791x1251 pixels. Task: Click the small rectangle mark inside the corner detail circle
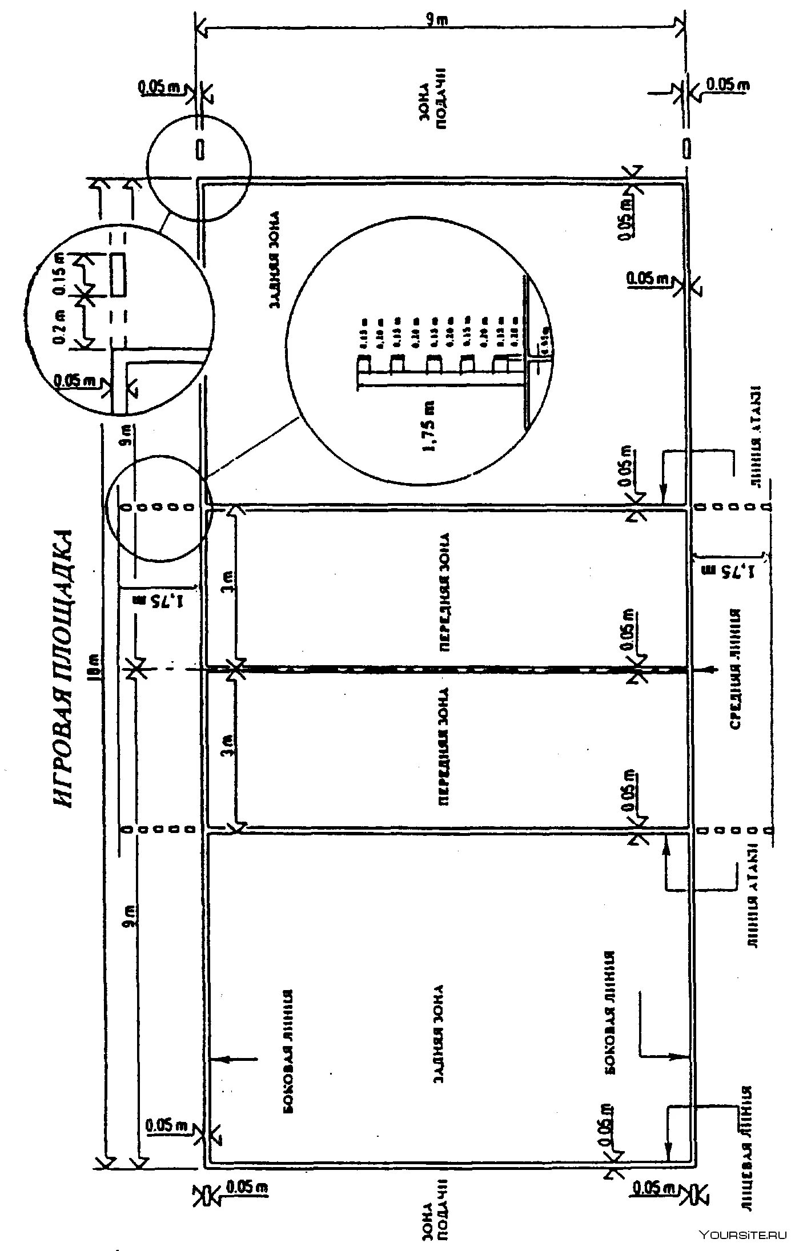coord(118,274)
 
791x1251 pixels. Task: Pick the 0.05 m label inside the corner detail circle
coord(74,380)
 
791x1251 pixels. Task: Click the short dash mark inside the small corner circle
coord(200,149)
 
